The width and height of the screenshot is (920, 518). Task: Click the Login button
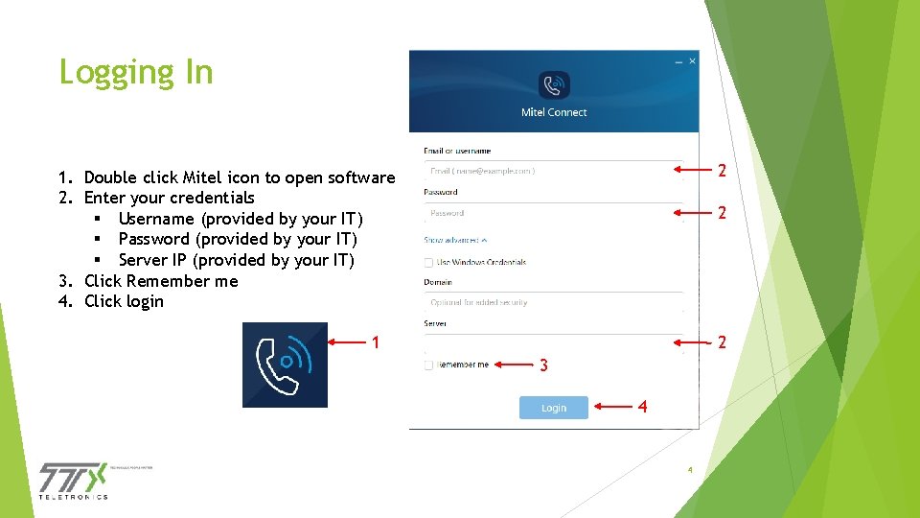click(x=554, y=408)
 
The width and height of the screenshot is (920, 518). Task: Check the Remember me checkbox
click(x=428, y=365)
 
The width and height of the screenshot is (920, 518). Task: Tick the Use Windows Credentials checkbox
click(x=428, y=262)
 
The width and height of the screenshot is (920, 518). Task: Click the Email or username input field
click(x=552, y=171)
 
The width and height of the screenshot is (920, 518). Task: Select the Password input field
click(x=552, y=213)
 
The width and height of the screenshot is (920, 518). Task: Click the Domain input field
click(x=552, y=302)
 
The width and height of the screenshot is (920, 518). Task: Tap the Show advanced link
click(x=455, y=240)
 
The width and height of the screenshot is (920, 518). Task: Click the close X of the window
click(x=692, y=61)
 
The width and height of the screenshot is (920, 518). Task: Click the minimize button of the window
click(x=678, y=61)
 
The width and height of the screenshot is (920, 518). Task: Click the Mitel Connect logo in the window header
click(x=554, y=85)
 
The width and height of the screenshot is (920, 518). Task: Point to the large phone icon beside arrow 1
click(x=285, y=365)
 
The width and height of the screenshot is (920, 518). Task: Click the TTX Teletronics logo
click(x=74, y=480)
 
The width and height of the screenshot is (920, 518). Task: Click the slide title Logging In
click(x=136, y=72)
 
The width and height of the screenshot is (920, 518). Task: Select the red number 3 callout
click(x=543, y=365)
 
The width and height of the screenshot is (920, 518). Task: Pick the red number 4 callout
click(x=642, y=407)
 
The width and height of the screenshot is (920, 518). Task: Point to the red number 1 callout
click(x=377, y=342)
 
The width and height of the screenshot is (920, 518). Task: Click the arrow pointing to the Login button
click(x=613, y=407)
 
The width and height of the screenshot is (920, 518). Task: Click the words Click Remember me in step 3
click(x=161, y=281)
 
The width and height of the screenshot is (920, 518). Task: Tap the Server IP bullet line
click(x=236, y=260)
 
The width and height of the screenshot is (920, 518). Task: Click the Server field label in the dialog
click(x=435, y=324)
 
